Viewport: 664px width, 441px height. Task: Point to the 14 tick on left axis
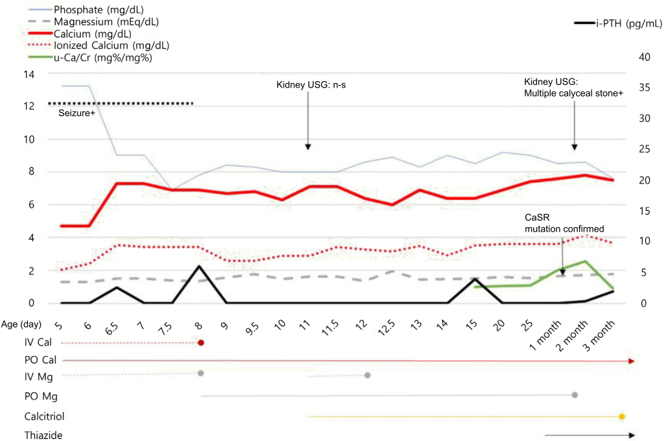point(29,74)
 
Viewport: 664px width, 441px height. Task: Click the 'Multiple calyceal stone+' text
point(574,93)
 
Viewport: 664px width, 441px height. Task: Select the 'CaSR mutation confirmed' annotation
point(563,223)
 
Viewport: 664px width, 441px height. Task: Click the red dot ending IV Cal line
point(201,342)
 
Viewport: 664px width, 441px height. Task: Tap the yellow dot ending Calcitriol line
point(621,416)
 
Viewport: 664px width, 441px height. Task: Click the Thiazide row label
point(43,436)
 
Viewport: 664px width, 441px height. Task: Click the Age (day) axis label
point(23,324)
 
